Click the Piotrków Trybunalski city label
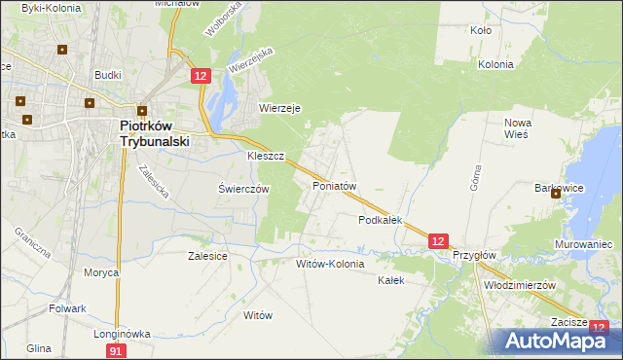click(154, 132)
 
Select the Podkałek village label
click(380, 220)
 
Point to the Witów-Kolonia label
click(330, 264)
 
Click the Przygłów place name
click(474, 255)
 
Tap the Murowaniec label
click(584, 243)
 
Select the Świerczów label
click(242, 189)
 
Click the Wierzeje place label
click(279, 108)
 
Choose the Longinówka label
click(122, 333)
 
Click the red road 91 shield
click(117, 350)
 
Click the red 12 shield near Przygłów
click(438, 239)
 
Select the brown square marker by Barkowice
click(556, 194)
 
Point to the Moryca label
click(100, 272)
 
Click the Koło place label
click(480, 30)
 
